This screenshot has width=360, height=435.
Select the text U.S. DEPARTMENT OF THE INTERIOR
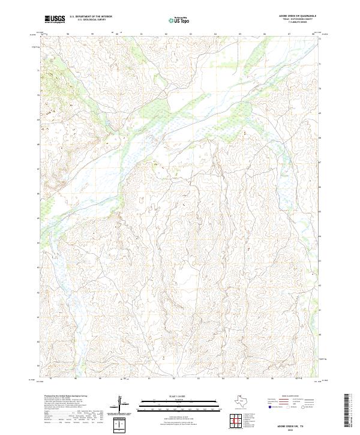coord(91,17)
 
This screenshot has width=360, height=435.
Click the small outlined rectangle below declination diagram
coord(121,425)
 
